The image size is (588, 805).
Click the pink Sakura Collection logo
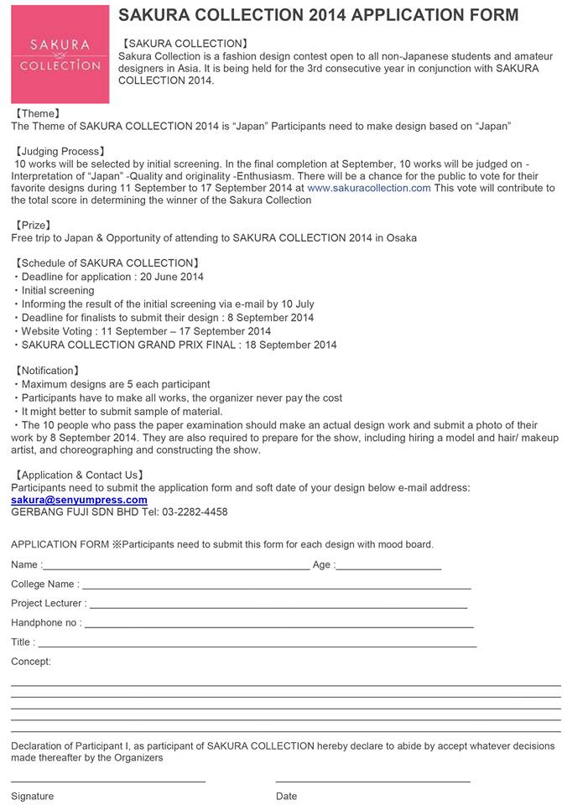(60, 55)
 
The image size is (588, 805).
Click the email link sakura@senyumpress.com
(79, 500)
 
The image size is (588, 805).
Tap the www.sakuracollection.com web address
(369, 189)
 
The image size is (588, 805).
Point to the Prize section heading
(34, 226)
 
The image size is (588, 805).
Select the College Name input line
(276, 588)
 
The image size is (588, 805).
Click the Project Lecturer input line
(278, 607)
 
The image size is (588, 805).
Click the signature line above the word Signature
(108, 782)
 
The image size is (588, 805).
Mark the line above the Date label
(372, 782)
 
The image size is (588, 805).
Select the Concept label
(31, 662)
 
